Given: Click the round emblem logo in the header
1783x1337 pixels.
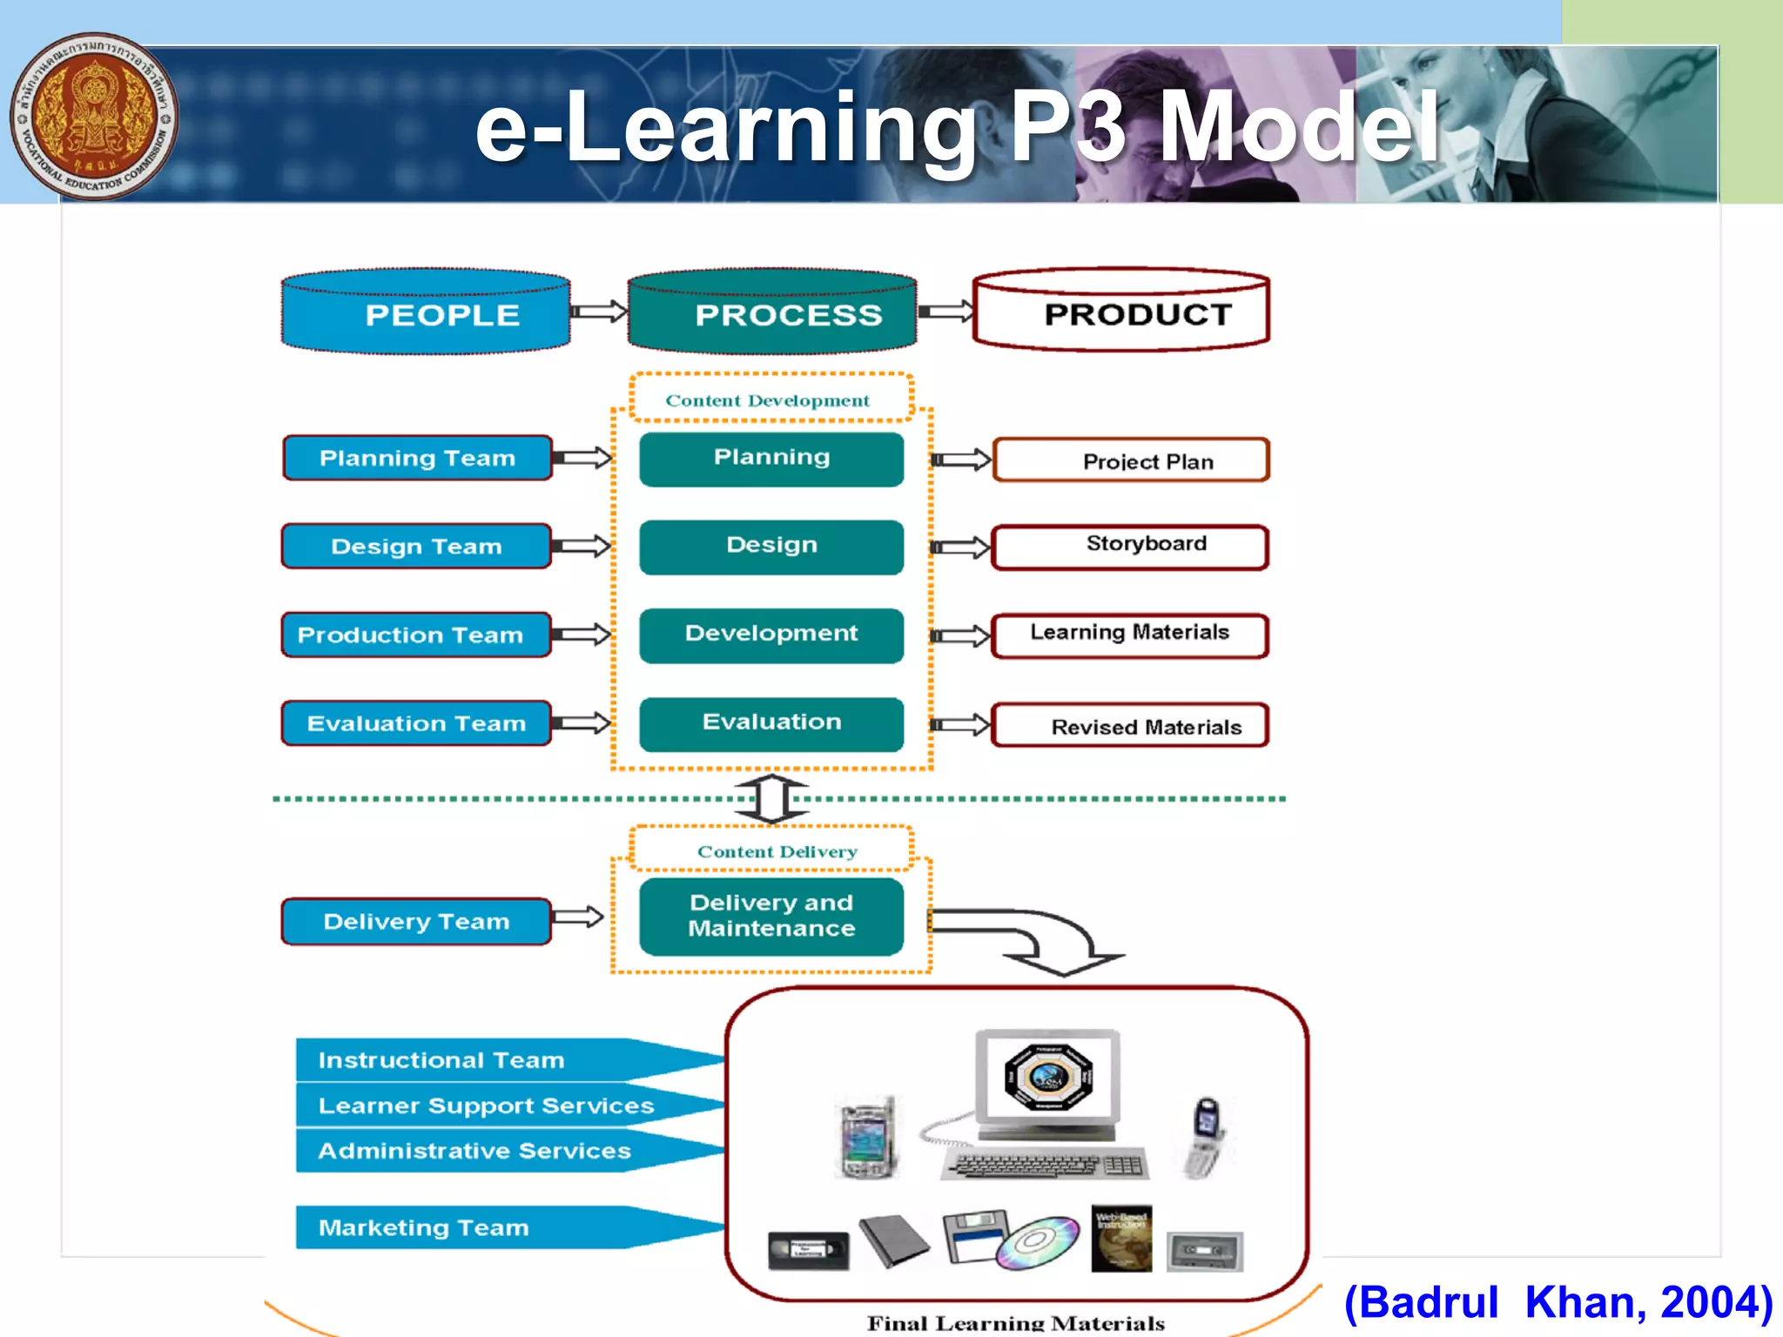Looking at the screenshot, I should click(94, 117).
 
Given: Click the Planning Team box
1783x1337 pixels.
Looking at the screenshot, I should click(417, 458).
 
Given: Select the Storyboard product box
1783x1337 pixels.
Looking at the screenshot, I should click(1130, 546).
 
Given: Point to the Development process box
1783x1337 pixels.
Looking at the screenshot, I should click(771, 635).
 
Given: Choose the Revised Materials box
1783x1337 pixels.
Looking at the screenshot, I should click(1130, 726).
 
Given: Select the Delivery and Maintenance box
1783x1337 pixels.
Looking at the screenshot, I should click(771, 916).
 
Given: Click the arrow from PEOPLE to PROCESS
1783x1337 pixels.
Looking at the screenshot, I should click(599, 312).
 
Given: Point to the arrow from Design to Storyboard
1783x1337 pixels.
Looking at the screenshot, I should click(961, 547).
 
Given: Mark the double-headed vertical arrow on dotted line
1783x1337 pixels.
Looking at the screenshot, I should click(771, 798).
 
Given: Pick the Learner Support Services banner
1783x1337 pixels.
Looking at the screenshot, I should click(488, 1105).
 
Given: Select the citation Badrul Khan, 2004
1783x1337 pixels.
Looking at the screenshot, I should click(1558, 1302).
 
